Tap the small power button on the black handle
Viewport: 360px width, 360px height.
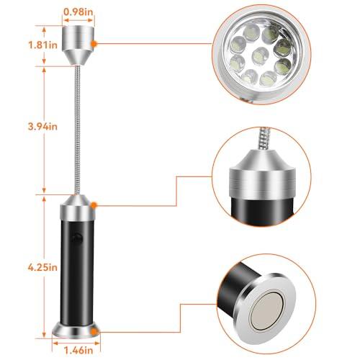tap(75, 238)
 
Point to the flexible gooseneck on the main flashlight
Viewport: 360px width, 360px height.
tap(76, 130)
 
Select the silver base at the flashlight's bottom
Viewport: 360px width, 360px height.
tap(76, 329)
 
